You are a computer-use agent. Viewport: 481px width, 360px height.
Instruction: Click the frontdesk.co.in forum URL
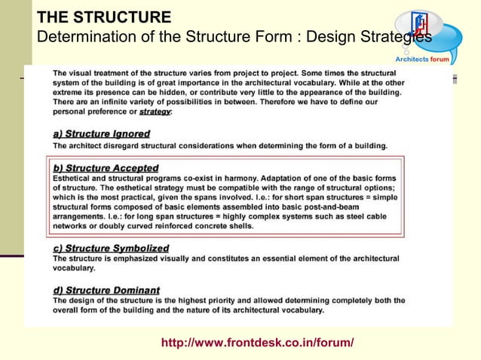pos(257,343)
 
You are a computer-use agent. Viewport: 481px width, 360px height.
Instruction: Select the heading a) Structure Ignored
pos(102,134)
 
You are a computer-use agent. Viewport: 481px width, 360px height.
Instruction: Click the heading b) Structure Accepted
pos(106,168)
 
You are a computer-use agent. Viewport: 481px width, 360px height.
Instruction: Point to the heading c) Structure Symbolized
pos(111,248)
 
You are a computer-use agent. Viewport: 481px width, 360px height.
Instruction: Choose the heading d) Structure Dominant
pos(106,290)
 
